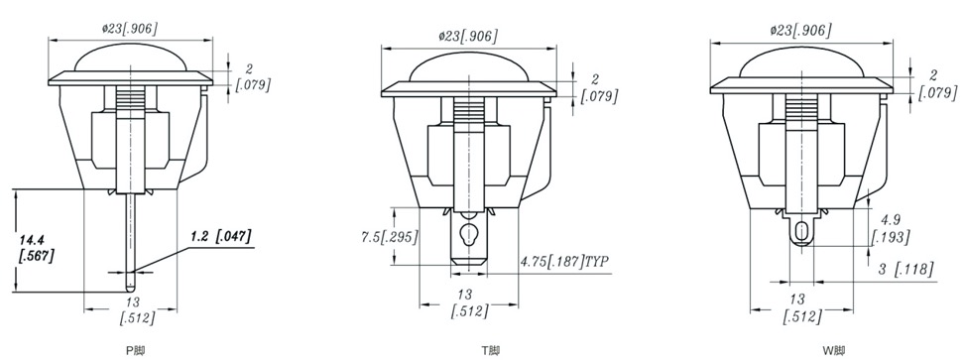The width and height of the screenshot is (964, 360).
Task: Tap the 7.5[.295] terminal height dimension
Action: click(x=389, y=237)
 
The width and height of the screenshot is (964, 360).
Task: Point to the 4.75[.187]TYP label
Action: click(x=564, y=262)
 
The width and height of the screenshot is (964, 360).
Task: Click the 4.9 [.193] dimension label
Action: click(x=893, y=228)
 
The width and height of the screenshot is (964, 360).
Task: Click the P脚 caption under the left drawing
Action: click(x=136, y=351)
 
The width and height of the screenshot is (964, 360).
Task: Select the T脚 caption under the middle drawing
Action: click(x=490, y=351)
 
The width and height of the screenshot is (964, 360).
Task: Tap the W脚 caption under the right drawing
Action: click(x=834, y=351)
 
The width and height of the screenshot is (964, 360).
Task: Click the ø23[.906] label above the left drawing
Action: click(x=129, y=28)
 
